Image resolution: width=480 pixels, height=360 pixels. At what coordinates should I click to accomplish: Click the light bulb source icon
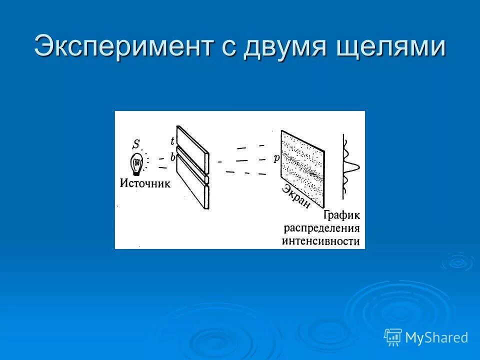[x=137, y=164]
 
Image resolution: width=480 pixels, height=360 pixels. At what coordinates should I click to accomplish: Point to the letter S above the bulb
[x=136, y=144]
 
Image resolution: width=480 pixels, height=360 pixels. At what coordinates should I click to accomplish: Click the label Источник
[x=145, y=183]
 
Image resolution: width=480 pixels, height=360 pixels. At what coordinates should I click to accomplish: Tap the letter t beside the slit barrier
[x=172, y=141]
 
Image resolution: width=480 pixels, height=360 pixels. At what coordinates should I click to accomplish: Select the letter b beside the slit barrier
[x=173, y=157]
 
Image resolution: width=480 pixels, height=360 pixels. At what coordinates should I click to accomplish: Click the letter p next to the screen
[x=276, y=158]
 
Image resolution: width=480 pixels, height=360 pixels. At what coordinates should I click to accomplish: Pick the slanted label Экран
[x=295, y=197]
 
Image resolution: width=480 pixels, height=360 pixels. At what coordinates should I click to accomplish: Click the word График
[x=341, y=215]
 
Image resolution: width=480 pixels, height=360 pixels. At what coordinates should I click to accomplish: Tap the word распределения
[x=321, y=228]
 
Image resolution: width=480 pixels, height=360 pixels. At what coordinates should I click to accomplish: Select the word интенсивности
[x=320, y=241]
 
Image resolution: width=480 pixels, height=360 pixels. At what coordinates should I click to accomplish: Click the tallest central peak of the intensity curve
[x=359, y=167]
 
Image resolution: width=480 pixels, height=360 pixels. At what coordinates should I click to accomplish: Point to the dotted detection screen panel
[x=303, y=169]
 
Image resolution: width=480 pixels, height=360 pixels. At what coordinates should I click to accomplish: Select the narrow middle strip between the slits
[x=193, y=165]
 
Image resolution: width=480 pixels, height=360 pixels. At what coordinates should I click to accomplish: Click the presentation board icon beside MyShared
[x=393, y=337]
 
